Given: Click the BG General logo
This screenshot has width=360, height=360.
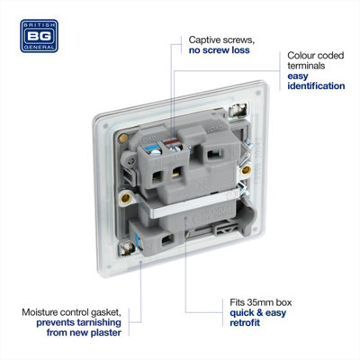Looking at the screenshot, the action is coord(39,36).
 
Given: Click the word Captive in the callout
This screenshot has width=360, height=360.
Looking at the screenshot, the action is coord(205,40).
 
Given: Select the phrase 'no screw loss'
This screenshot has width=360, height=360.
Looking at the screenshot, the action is coord(219,50).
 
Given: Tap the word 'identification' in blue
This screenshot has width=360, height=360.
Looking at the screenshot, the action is coord(316,85).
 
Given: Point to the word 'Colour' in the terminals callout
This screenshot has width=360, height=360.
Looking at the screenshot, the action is coord(301,56).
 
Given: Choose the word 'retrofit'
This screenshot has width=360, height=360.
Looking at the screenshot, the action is coord(245,323).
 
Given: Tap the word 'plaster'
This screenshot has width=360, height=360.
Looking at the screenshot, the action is coord(106,333).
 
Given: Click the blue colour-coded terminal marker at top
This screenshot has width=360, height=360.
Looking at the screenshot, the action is coord(152,148).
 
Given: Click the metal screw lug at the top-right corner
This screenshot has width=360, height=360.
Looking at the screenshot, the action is coord(238,110).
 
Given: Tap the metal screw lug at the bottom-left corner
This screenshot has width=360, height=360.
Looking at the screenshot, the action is coord(127,247).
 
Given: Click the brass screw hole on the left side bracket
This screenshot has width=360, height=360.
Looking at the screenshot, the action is coord(125,198).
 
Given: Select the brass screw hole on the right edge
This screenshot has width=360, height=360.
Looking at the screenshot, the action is coord(246,170).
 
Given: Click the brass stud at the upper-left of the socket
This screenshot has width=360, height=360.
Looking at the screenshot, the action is coord(122,139).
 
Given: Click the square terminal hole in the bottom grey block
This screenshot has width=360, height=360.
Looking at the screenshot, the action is coord(166,240).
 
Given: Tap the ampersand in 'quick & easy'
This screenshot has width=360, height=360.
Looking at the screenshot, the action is coord(260,313).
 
